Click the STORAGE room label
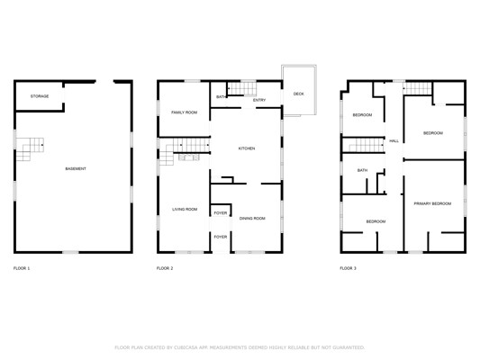click(x=40, y=96)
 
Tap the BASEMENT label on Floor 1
click(x=76, y=169)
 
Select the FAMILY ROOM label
click(x=185, y=112)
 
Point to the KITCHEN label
click(x=247, y=148)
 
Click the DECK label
click(x=298, y=94)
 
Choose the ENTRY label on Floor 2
click(x=259, y=100)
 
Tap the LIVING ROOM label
click(x=185, y=209)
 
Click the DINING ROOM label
click(x=252, y=219)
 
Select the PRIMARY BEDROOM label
click(x=432, y=203)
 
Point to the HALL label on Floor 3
click(x=394, y=141)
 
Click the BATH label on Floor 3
click(x=362, y=170)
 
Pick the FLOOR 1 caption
click(x=22, y=268)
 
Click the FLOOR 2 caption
click(x=165, y=268)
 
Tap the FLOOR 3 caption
click(x=348, y=268)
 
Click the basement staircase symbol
click(x=30, y=149)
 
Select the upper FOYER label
click(x=221, y=213)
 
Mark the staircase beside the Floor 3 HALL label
click(x=367, y=145)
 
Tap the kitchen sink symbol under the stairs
click(x=189, y=157)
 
